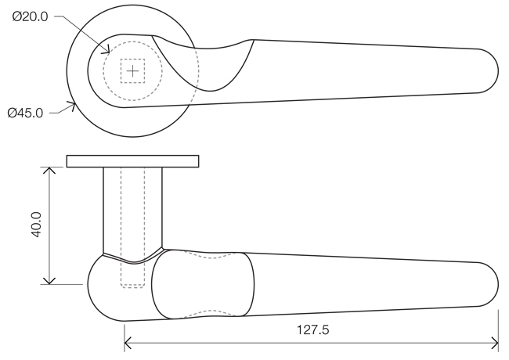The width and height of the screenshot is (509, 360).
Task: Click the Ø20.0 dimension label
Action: [31, 16]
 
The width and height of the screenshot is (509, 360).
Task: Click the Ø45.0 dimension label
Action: [25, 113]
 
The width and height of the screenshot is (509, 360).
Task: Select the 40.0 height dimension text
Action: [36, 225]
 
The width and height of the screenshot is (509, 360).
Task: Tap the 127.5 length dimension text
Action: [313, 329]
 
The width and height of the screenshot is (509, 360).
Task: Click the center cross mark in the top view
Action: [132, 70]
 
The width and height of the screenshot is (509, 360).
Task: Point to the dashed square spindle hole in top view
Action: [132, 70]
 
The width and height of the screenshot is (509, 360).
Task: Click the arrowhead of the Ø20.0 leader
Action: [107, 50]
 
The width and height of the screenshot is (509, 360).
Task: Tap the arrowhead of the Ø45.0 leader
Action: [72, 105]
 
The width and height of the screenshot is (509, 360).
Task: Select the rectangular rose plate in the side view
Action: [132, 161]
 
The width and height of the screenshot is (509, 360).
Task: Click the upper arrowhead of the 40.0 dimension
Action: [49, 170]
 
